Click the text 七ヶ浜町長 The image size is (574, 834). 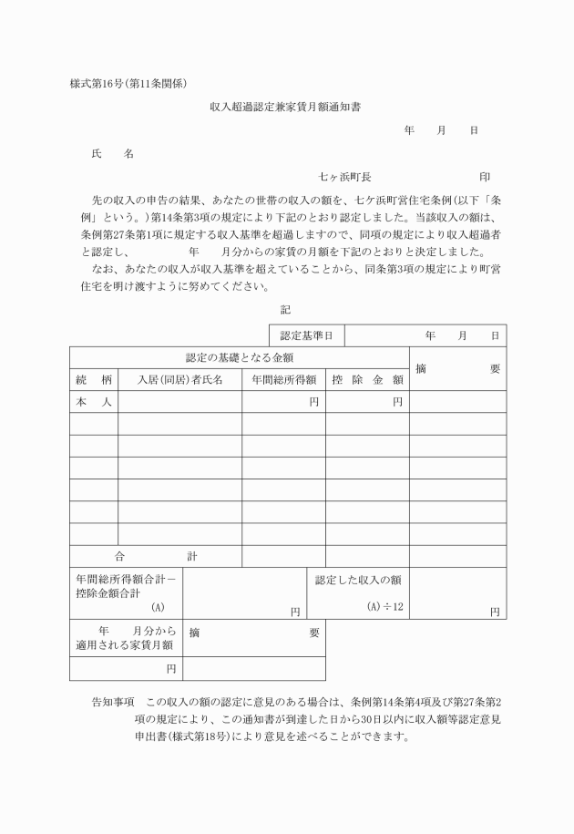pos(344,177)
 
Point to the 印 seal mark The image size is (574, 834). pos(484,177)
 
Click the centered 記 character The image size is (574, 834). pos(285,310)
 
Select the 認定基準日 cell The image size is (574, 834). pos(306,336)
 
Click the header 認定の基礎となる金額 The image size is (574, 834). pos(239,358)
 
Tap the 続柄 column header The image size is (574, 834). pos(94,380)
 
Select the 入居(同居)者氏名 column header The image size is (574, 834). pos(179,380)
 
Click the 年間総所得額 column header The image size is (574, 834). pos(283,380)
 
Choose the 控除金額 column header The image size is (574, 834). pos(367,380)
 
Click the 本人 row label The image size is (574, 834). pos(94,402)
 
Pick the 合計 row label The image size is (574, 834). pos(155,556)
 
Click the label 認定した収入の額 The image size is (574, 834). pos(358,580)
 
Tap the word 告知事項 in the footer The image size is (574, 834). pos(113,703)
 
